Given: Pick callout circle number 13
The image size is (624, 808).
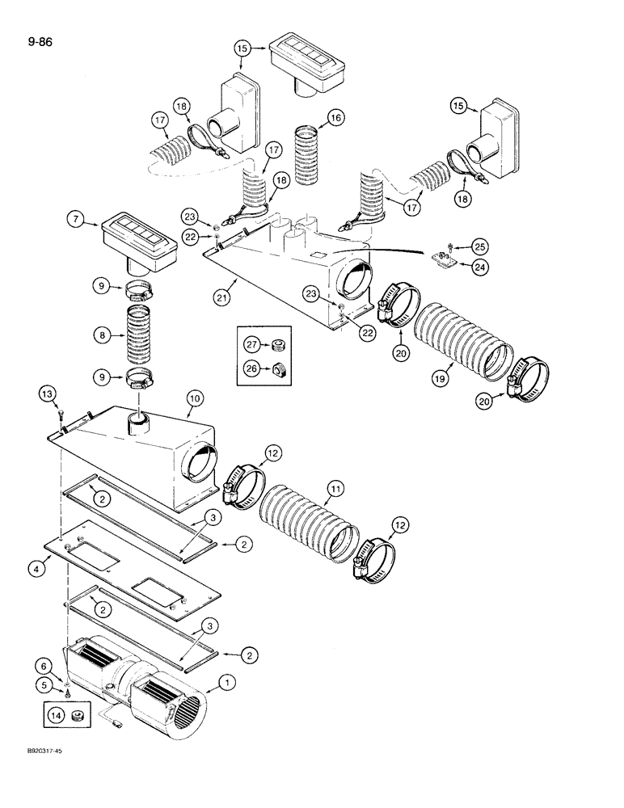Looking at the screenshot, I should pos(48,393).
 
